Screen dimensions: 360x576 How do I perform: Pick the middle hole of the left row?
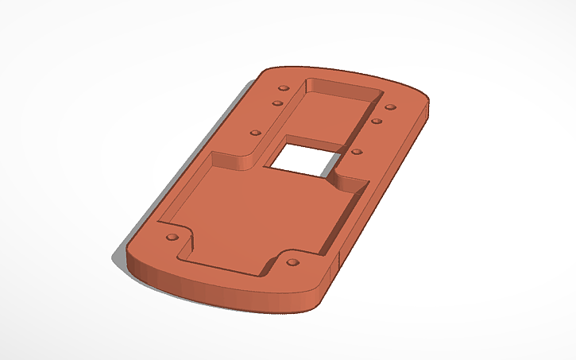pyautogui.click(x=277, y=103)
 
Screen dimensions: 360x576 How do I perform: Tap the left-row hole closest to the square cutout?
pyautogui.click(x=256, y=132)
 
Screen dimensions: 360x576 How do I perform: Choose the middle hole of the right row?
pyautogui.click(x=377, y=122)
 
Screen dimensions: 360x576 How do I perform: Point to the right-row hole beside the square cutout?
pyautogui.click(x=356, y=151)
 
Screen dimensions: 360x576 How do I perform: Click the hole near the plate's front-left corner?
pyautogui.click(x=172, y=238)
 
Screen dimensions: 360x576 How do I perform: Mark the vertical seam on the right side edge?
pyautogui.click(x=339, y=259)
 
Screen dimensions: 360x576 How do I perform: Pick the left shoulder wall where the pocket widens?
pyautogui.click(x=230, y=161)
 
